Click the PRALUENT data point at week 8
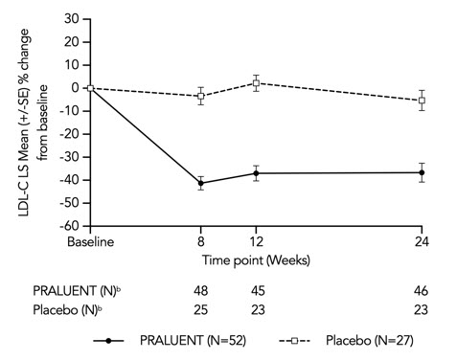(x=200, y=183)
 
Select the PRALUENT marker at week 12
(x=256, y=173)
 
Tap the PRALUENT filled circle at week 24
(x=422, y=172)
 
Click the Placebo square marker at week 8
(x=200, y=96)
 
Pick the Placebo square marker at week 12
(x=256, y=83)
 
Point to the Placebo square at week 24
(x=422, y=101)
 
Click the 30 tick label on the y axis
(x=70, y=18)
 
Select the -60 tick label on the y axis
(x=67, y=227)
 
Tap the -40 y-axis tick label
(x=67, y=181)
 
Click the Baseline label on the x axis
(x=89, y=243)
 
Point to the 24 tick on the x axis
(x=422, y=243)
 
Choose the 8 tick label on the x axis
(x=200, y=243)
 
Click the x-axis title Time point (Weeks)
(x=255, y=259)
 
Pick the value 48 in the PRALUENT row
(x=200, y=291)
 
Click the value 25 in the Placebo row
(x=200, y=309)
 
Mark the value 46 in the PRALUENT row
(x=422, y=291)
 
